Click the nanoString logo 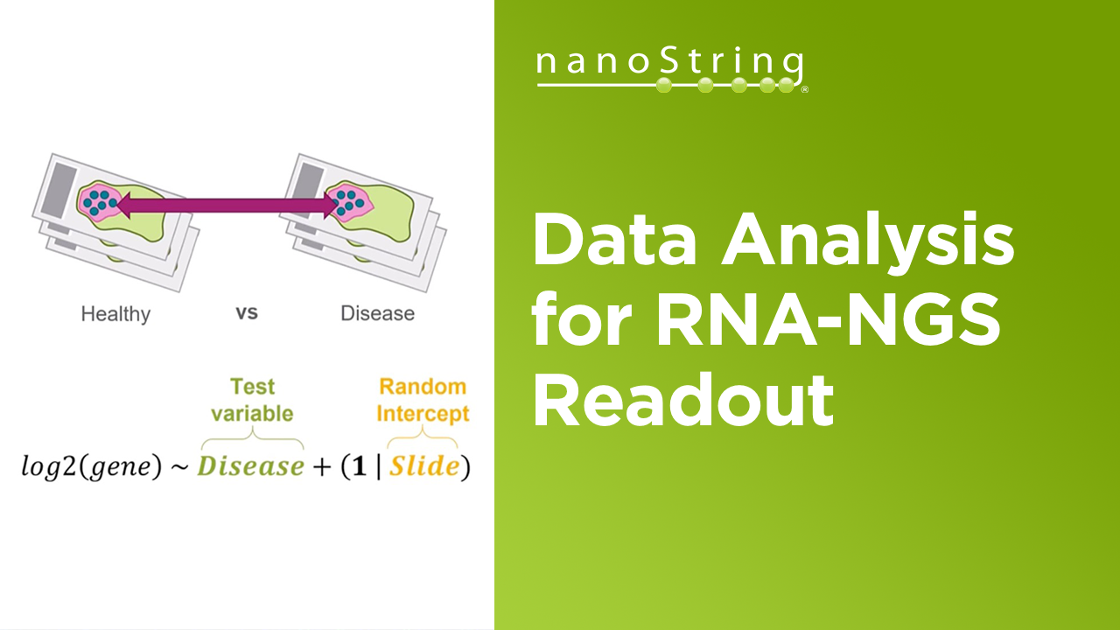click(670, 70)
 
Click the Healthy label click(115, 313)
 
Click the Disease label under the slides click(377, 313)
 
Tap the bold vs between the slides click(247, 312)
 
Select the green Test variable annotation click(252, 400)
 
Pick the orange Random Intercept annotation click(423, 400)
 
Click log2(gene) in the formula click(92, 467)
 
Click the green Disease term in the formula click(250, 466)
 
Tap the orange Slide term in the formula click(423, 466)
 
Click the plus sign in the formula click(322, 467)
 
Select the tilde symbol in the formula click(179, 467)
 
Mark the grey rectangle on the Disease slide click(311, 187)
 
